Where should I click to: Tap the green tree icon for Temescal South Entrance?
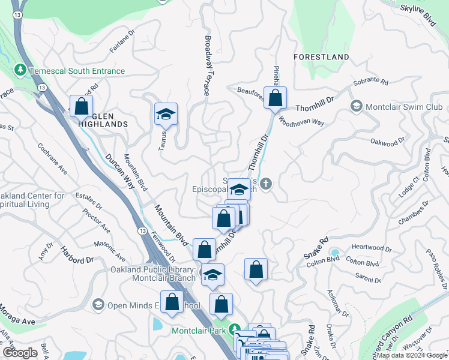click(x=20, y=71)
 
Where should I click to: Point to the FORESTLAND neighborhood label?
click(x=321, y=57)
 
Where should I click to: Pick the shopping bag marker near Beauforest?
click(x=275, y=98)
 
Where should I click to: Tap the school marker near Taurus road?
click(x=166, y=113)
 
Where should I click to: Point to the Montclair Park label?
click(x=202, y=331)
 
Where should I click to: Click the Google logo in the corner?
click(x=20, y=353)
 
